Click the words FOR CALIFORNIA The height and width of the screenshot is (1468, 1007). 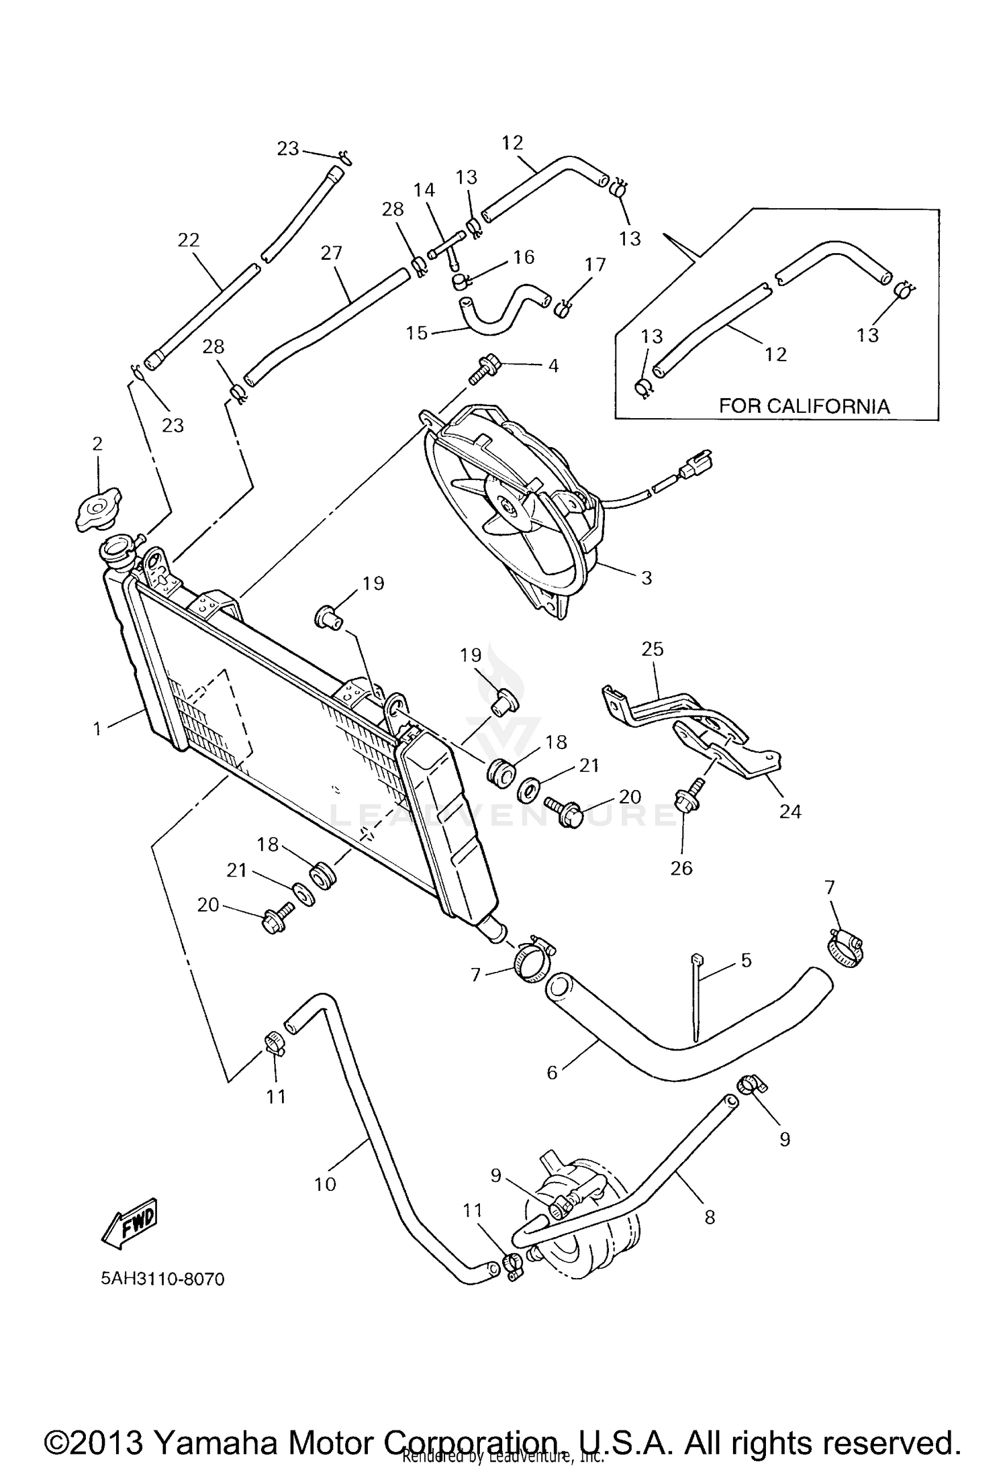coord(804,406)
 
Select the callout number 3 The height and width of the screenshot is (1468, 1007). coord(646,578)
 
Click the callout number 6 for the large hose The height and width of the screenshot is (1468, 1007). coord(552,1073)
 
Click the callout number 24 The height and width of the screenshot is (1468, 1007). coord(790,812)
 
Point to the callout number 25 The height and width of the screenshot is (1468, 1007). coord(652,649)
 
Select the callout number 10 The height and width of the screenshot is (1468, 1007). coord(325,1184)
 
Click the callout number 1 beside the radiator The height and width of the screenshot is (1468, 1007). coord(98,728)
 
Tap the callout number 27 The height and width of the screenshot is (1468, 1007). coord(332,253)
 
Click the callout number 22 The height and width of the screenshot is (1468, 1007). coord(189,240)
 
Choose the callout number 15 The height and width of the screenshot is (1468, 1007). coord(417,332)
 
